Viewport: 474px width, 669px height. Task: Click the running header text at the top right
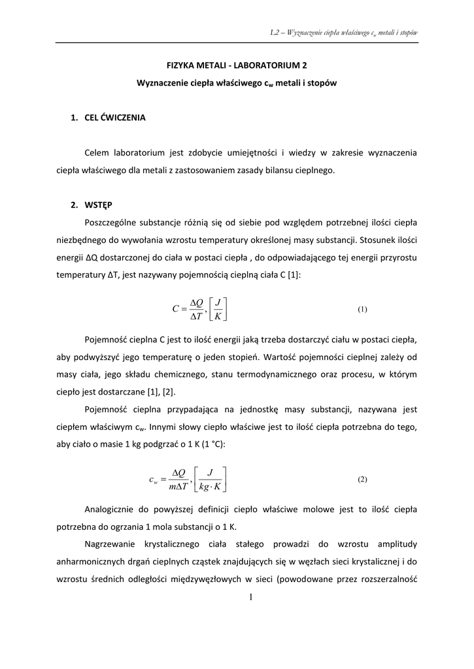344,32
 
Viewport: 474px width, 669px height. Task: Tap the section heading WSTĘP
98,204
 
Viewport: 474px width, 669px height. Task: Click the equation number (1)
363,309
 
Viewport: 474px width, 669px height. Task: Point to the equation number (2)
363,479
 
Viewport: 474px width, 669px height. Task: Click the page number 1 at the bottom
250,596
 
